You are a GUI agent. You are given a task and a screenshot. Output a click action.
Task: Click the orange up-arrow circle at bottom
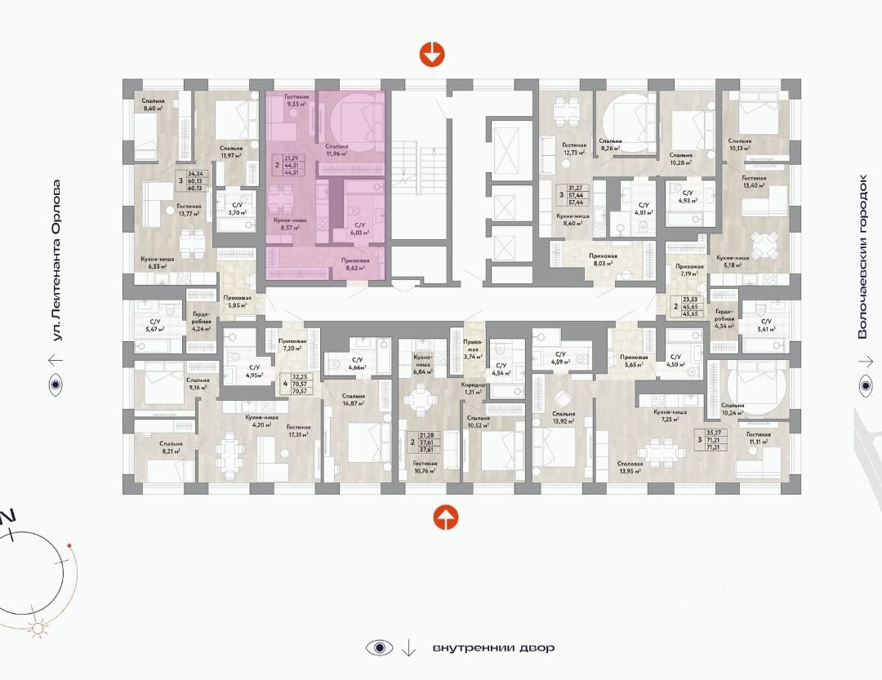[445, 516]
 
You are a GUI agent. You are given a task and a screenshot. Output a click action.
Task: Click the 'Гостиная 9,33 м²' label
[296, 100]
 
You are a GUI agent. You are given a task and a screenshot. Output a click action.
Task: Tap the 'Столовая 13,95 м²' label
[630, 468]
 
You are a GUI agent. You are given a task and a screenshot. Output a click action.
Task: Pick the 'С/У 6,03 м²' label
[358, 229]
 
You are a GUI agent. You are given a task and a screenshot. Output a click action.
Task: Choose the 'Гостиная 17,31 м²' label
[299, 432]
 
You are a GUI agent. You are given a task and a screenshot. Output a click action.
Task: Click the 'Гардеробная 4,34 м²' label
[723, 319]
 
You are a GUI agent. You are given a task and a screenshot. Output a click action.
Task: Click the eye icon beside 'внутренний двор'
[376, 648]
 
